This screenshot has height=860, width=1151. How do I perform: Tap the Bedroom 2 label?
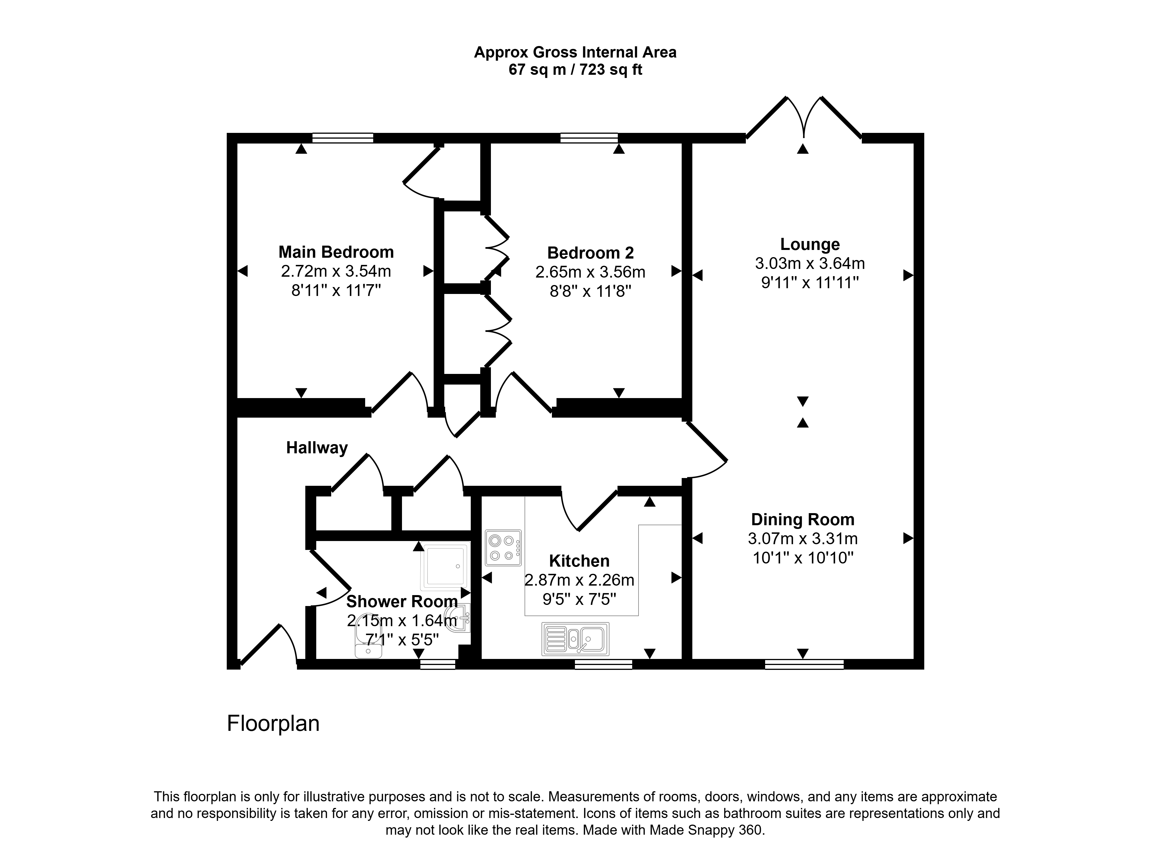pos(590,253)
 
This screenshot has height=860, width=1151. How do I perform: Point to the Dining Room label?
pos(802,519)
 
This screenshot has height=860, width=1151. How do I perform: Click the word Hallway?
pos(317,448)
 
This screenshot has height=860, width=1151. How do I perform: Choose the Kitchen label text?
pos(579,561)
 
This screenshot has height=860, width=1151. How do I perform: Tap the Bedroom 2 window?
pos(589,138)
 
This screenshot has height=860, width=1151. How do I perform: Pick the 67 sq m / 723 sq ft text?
pos(575,70)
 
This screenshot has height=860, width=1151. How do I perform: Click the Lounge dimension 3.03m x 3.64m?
pos(810,263)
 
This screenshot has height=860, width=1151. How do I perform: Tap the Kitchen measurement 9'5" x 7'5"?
pos(579,599)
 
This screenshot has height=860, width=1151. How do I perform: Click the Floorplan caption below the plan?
pos(273,724)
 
